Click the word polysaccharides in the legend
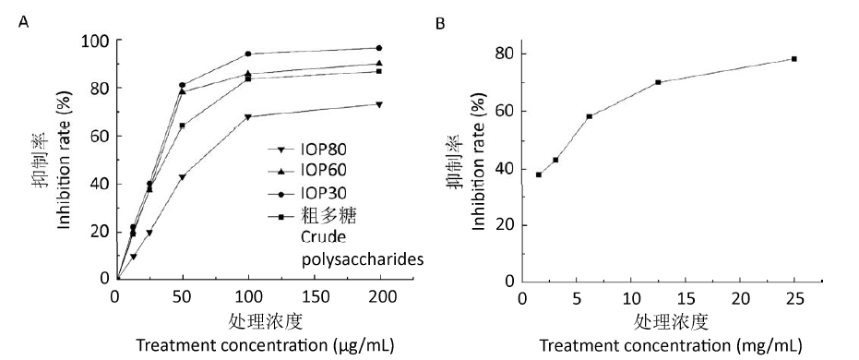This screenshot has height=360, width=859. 364,259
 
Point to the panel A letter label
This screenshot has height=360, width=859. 23,22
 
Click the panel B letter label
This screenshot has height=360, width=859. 440,23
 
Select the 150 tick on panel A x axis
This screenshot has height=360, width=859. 315,297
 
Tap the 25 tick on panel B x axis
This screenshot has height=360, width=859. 794,298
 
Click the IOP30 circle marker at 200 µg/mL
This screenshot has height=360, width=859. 379,48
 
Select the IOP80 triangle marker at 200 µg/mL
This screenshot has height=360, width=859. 379,104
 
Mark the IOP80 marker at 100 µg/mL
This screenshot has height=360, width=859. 248,116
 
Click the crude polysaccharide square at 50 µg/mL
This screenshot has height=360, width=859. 183,126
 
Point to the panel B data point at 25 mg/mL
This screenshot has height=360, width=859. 793,59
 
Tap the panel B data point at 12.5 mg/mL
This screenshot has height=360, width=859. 658,82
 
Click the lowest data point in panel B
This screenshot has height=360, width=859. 539,174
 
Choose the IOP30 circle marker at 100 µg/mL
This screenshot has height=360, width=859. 248,54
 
